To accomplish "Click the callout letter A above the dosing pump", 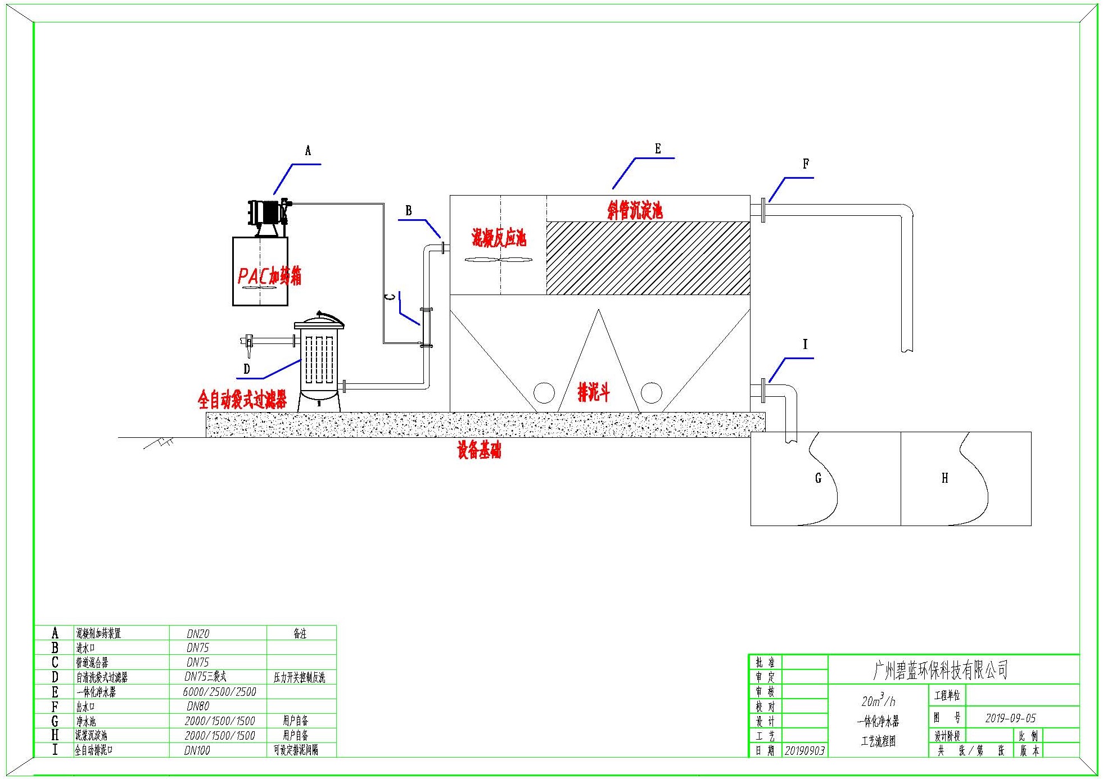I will click(x=308, y=151).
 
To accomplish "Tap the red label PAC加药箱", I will click(x=269, y=276).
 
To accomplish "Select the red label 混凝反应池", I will click(x=499, y=238).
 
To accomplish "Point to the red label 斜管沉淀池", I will click(x=635, y=210).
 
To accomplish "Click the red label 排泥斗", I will click(x=593, y=392).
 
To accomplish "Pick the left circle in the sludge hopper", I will click(x=544, y=393).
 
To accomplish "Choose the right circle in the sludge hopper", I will click(x=651, y=393).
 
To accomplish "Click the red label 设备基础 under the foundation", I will click(x=479, y=450).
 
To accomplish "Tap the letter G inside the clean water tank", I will click(x=818, y=478).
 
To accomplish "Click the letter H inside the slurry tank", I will click(x=944, y=478).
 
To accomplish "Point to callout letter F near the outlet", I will click(x=806, y=164).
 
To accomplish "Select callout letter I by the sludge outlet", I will click(x=805, y=345).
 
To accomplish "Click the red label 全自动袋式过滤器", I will click(x=242, y=400).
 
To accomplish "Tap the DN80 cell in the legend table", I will click(x=198, y=706).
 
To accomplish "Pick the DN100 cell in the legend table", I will click(x=197, y=750).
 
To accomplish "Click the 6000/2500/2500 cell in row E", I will click(x=219, y=692).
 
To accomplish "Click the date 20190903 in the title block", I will click(x=804, y=751).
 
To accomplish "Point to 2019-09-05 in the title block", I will click(x=1010, y=718).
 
